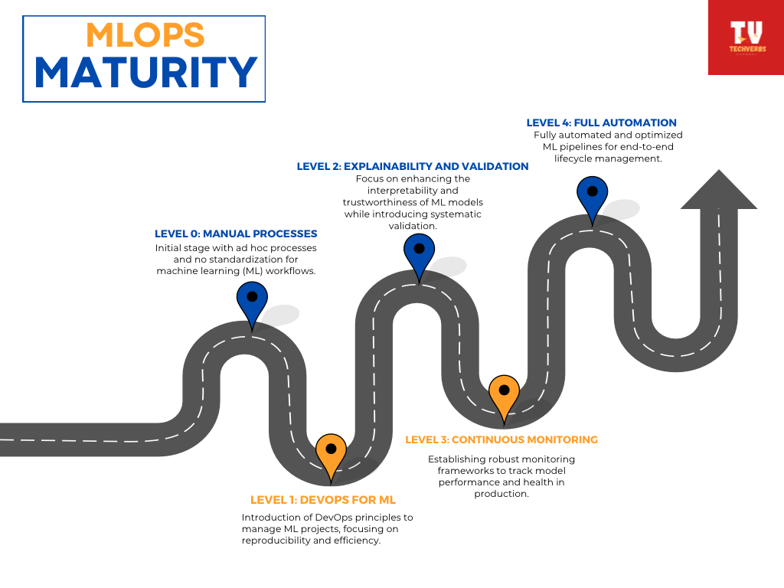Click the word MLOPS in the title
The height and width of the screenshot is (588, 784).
point(145,35)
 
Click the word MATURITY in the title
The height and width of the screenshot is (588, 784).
point(145,73)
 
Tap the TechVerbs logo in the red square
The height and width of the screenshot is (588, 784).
point(746,37)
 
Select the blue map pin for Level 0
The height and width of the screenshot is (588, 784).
point(251,302)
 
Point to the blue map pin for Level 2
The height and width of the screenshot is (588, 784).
point(419,253)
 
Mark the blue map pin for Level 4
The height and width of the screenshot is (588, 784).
point(592,196)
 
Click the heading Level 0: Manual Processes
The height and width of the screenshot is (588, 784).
point(236,234)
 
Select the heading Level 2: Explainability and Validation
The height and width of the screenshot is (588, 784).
point(413,166)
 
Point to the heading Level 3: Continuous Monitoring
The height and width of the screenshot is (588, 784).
point(501,439)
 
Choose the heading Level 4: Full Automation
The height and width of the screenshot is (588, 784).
point(602,122)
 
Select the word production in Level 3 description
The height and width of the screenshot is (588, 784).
point(501,494)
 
